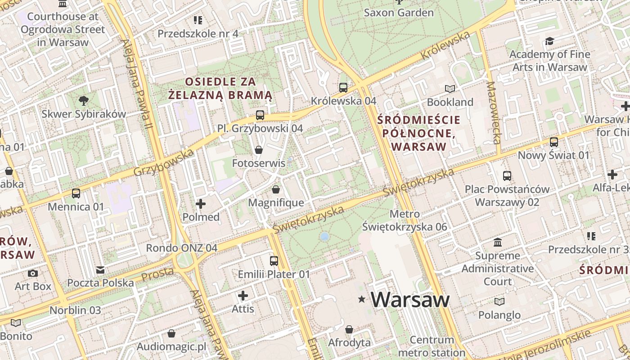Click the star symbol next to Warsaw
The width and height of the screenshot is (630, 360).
tap(361, 299)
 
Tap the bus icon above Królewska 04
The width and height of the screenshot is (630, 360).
tap(343, 87)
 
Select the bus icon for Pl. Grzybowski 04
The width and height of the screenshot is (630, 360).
tap(260, 115)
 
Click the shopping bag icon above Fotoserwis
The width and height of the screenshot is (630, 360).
tap(259, 149)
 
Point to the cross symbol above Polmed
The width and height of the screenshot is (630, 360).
tap(201, 204)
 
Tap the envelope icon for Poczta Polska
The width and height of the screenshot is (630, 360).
tap(100, 270)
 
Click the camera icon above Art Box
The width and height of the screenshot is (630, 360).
tap(33, 273)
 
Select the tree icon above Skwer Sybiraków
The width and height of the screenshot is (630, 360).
tap(83, 100)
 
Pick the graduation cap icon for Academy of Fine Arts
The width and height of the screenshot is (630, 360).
tap(549, 41)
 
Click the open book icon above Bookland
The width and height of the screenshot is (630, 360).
tap(450, 89)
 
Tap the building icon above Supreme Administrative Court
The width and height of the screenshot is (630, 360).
tap(498, 243)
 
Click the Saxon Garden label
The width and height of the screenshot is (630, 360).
tap(399, 13)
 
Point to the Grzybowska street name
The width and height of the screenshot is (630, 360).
tap(164, 162)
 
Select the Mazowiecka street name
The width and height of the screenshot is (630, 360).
tap(494, 112)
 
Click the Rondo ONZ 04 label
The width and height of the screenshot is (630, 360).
tap(182, 248)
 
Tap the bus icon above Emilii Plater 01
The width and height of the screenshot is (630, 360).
tap(274, 261)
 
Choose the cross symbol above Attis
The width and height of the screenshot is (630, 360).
tap(243, 296)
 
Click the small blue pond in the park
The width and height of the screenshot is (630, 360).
tap(324, 236)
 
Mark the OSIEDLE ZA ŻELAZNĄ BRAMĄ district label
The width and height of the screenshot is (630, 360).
tap(220, 88)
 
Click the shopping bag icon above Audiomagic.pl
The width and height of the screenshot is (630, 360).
tap(171, 333)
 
